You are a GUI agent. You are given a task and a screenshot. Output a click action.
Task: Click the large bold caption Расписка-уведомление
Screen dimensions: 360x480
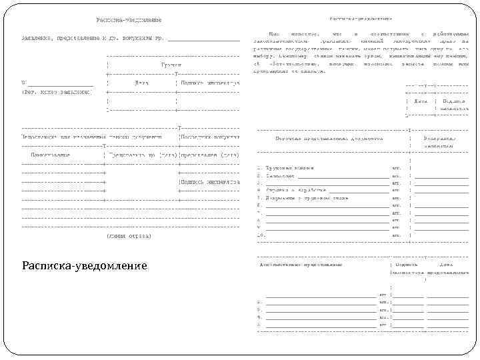pos(84,265)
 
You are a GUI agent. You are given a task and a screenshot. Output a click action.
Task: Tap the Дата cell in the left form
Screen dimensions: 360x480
pos(141,83)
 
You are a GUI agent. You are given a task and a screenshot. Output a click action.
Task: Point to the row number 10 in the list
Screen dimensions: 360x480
pos(261,235)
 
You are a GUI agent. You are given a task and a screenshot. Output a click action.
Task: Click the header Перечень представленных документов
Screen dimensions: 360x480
pos(329,139)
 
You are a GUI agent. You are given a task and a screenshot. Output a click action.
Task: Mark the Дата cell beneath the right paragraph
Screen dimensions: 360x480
pos(421,101)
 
